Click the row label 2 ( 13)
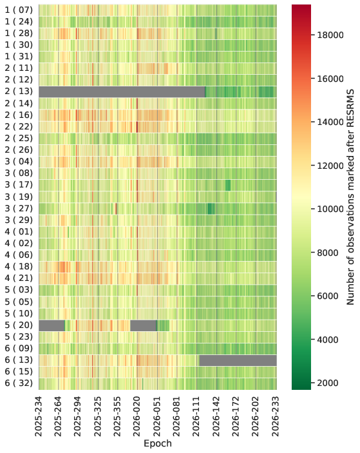tap(19, 92)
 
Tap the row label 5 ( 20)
tap(19, 325)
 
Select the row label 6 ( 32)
tap(19, 383)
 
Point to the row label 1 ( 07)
tap(19, 10)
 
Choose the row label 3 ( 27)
tap(19, 208)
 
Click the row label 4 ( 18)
tap(19, 266)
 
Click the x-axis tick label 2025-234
tap(39, 417)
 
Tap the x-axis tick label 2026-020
tap(137, 417)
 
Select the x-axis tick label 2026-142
tap(216, 417)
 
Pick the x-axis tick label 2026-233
tap(276, 417)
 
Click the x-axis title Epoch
tap(158, 443)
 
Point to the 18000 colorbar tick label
tap(330, 35)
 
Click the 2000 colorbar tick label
tap(328, 383)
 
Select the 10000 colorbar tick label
tap(330, 209)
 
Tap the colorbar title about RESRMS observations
tap(350, 197)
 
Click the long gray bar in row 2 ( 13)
tap(122, 92)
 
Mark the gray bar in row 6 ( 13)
tap(238, 361)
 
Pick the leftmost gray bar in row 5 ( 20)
tap(52, 325)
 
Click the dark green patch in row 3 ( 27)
tap(211, 209)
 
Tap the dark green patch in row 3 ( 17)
tap(228, 185)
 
